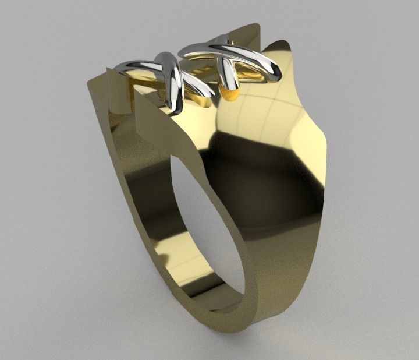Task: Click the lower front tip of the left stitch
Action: point(175,105)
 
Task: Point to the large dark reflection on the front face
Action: point(262,175)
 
